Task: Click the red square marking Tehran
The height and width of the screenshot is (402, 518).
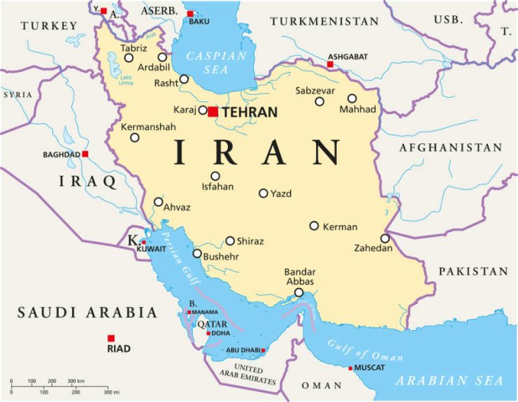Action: (213, 111)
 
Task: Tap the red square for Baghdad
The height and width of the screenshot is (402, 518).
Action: (85, 154)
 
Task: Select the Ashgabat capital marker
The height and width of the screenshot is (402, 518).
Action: (330, 64)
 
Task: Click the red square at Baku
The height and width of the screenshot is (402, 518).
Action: (190, 13)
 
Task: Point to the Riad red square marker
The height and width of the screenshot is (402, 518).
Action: (111, 338)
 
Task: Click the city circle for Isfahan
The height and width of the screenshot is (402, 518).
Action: (215, 176)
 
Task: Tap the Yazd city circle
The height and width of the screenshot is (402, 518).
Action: (264, 193)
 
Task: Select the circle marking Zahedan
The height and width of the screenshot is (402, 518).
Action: (384, 238)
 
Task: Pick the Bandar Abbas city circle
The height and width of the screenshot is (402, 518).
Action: (298, 292)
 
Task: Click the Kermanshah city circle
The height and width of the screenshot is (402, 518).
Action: (135, 137)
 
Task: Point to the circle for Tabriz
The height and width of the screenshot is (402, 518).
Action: (129, 57)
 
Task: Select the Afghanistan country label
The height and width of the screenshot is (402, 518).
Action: (450, 148)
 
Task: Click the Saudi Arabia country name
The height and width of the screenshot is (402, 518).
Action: (87, 312)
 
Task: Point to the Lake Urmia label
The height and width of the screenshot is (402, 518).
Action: (126, 80)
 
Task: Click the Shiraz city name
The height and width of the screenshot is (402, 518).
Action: (250, 241)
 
